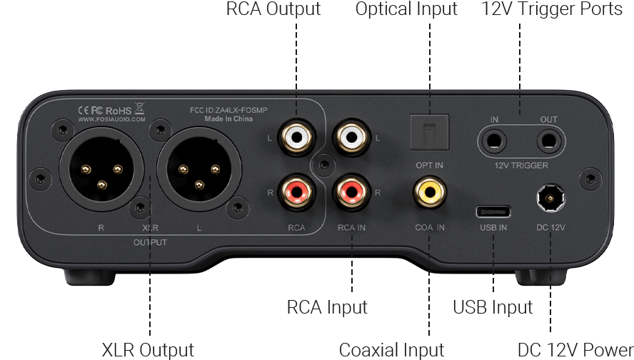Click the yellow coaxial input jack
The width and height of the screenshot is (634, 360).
pos(429,191)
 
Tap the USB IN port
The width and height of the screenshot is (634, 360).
pos(493,211)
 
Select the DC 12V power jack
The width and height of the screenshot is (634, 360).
pos(550,196)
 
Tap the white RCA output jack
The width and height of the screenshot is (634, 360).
pos(296,134)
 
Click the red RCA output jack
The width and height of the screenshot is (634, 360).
pos(296,191)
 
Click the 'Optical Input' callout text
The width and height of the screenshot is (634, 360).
pos(406,10)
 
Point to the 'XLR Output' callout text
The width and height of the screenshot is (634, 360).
pos(147,350)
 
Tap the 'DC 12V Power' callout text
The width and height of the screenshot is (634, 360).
pos(575,350)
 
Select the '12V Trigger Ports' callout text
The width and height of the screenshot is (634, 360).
pos(552,10)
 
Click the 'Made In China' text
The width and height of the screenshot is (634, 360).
pos(228,119)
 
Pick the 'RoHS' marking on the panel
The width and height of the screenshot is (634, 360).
pos(119,111)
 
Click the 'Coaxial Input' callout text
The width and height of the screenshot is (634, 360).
pos(391,350)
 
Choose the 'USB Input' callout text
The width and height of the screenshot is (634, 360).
pos(493,308)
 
